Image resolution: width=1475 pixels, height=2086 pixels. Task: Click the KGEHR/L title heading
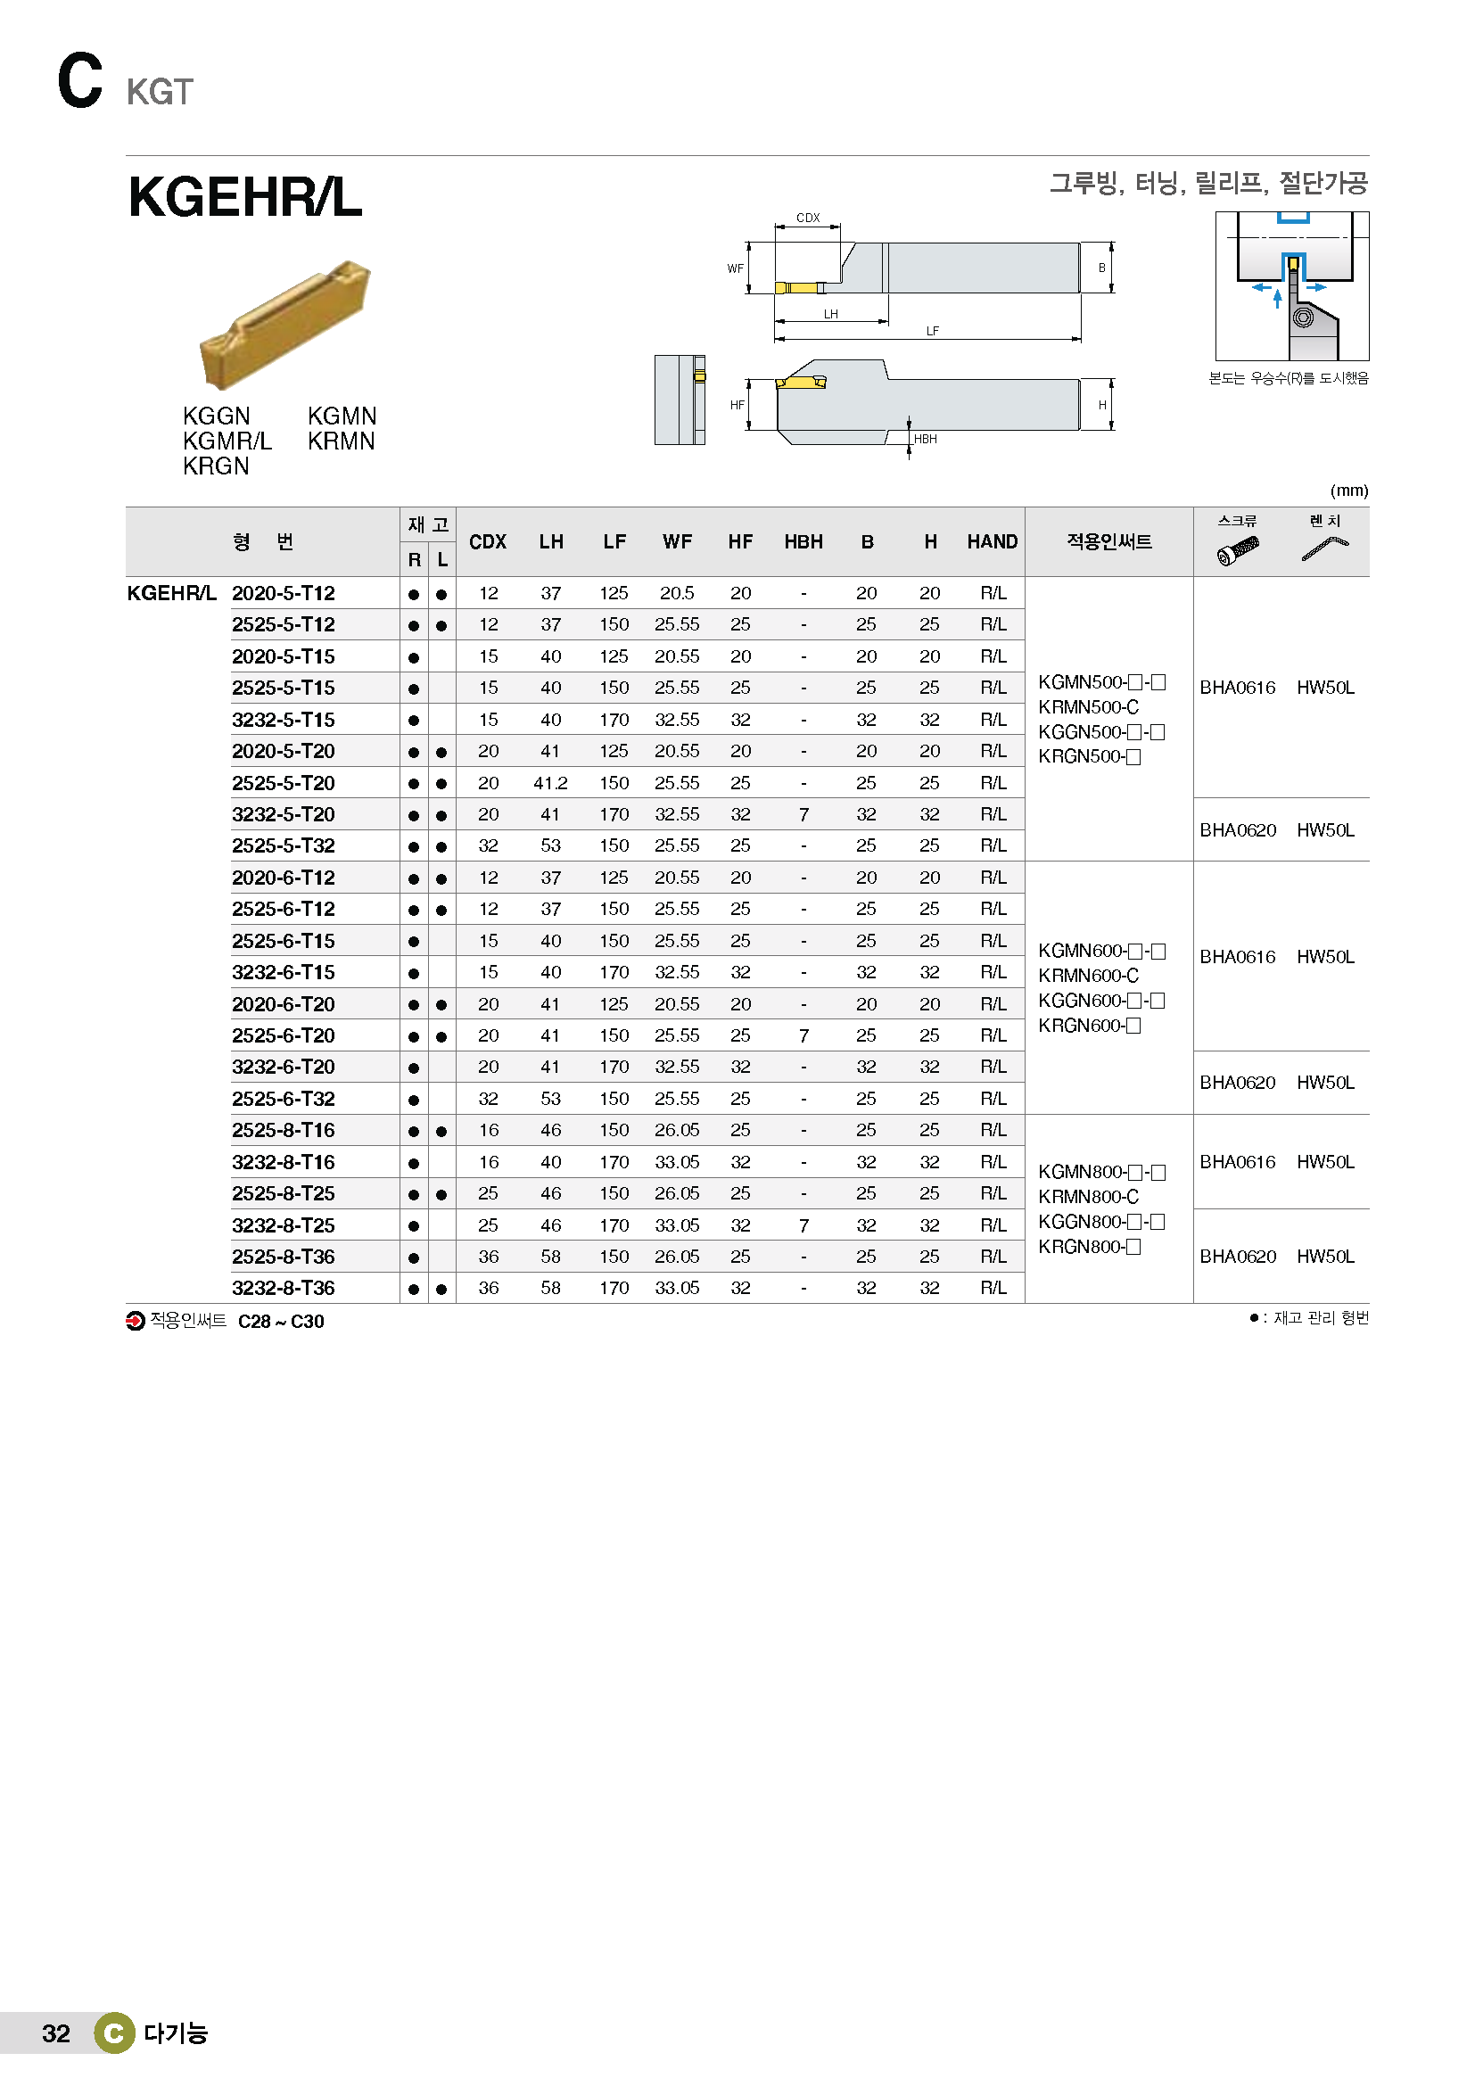(245, 197)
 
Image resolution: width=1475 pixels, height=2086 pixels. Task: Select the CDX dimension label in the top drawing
(807, 218)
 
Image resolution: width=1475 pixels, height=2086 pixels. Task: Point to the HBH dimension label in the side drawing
(925, 439)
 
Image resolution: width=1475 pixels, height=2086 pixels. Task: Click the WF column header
(677, 541)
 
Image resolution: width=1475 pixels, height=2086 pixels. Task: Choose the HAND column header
(992, 541)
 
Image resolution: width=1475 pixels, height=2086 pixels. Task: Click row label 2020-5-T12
(283, 593)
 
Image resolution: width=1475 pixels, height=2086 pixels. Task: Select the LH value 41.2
(550, 783)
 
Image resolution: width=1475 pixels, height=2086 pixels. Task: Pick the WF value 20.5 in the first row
(677, 593)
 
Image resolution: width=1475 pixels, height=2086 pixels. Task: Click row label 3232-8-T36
(283, 1289)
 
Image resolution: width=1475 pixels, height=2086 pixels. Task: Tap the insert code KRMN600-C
(1088, 976)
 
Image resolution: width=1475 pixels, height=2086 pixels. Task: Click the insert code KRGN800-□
(1089, 1247)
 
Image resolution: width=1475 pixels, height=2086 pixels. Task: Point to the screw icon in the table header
(1237, 548)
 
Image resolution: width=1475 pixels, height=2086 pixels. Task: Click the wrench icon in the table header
(1324, 548)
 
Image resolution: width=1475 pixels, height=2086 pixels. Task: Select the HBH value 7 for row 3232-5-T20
(803, 815)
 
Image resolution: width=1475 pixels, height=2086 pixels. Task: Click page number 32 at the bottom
(55, 2033)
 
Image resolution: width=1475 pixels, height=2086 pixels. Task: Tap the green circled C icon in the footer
(114, 2033)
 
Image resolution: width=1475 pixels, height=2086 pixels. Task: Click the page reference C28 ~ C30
(281, 1322)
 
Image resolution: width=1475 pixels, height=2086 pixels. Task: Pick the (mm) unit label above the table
(1348, 491)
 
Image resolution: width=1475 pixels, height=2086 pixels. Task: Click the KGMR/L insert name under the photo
(227, 441)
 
